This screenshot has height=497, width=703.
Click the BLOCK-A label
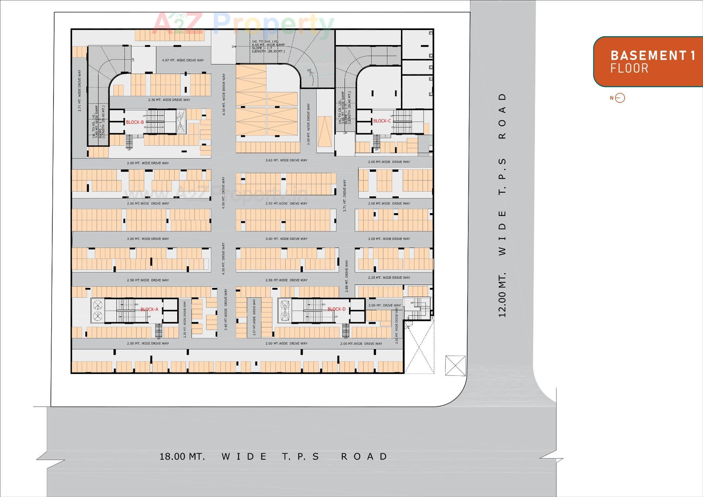[x=149, y=309]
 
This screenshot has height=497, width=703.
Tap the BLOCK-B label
[x=135, y=122]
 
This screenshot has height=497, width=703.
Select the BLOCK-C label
[x=382, y=121]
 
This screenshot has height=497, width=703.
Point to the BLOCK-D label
[x=336, y=309]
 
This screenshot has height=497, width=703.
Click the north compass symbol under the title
[x=620, y=98]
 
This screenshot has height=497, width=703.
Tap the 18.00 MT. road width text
[x=182, y=457]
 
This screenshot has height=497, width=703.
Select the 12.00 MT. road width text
[x=502, y=294]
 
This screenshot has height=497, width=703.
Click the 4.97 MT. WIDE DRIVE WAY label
[x=183, y=60]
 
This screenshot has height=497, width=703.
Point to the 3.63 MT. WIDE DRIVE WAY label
[x=286, y=160]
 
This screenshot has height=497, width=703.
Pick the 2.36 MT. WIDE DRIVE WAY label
[x=169, y=100]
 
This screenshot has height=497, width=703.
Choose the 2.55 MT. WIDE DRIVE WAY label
[x=286, y=204]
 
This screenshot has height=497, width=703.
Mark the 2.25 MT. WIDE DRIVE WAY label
[x=389, y=278]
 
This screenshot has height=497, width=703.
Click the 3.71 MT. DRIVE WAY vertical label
[x=345, y=196]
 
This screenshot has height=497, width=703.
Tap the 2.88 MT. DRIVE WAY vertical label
[x=346, y=276]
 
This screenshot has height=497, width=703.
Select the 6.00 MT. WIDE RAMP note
[x=268, y=45]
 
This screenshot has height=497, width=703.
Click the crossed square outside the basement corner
[x=455, y=366]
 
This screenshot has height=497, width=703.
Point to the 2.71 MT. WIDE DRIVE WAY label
[x=79, y=90]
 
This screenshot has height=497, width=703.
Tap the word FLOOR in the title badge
[x=629, y=68]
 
